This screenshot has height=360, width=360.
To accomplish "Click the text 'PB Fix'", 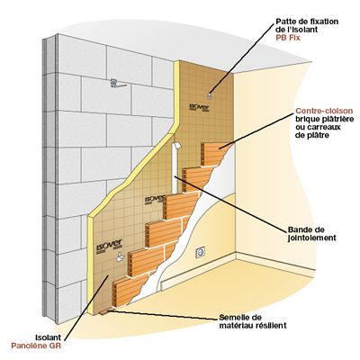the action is coord(288,38).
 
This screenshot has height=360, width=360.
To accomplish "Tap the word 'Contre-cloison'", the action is coord(324,111).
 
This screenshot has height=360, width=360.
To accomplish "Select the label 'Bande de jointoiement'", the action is coord(312,234).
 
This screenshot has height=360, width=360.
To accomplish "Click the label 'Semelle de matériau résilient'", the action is coord(253,321).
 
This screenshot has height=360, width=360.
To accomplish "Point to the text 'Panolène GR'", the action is coord(36,346).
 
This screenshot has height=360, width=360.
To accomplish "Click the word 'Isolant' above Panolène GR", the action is coord(48,337).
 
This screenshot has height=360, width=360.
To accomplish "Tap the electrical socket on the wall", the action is coord(200,252).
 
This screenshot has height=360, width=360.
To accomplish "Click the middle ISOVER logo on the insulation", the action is coord(155,200).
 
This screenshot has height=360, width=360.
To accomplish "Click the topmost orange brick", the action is coord(215,154).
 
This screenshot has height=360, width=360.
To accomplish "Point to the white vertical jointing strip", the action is coord(175,168).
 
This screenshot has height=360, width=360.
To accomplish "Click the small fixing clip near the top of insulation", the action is coord(209,95).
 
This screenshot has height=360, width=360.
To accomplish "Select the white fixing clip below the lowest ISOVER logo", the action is coord(121,256).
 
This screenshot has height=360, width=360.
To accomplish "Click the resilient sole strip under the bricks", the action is coord(105,311).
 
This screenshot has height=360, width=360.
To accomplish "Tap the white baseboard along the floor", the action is coord(198,273).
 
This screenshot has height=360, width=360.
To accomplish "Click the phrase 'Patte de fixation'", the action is coord(307,22).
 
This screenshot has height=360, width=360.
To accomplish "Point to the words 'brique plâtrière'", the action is coord(323,119).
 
